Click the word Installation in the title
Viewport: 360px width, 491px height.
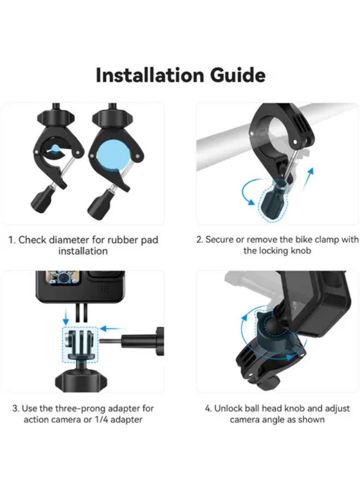(x=150, y=75)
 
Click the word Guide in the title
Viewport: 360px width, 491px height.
(x=238, y=75)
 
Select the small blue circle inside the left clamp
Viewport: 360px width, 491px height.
(x=56, y=148)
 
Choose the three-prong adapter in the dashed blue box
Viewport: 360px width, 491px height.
(x=80, y=344)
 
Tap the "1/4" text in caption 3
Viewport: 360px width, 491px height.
(x=101, y=420)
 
